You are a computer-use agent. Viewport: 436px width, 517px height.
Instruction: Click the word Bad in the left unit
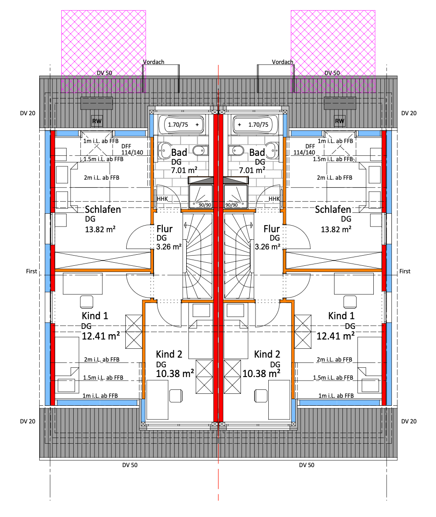179,153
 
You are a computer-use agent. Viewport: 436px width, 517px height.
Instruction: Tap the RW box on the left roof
96,121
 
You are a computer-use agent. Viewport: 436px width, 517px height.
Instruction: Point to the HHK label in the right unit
274,199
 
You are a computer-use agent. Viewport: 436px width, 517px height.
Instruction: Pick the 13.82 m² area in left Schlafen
100,229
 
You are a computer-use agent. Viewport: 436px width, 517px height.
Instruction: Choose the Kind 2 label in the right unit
267,354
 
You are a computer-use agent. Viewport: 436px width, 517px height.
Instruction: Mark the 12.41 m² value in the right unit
336,336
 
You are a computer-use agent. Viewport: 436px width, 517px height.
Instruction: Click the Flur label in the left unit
165,229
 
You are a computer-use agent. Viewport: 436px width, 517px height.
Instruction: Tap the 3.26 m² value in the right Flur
267,247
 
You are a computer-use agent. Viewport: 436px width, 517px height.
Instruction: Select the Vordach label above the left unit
154,62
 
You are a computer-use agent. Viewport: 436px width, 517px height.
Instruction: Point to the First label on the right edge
405,272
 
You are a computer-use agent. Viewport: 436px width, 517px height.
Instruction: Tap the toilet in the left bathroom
200,151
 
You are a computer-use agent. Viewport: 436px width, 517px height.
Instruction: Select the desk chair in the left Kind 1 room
86,302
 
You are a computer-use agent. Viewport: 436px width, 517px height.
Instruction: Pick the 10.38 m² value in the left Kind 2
175,374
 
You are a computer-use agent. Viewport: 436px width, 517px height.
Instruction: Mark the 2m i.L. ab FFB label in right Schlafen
335,178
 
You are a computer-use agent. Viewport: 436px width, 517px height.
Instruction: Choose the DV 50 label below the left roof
130,465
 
